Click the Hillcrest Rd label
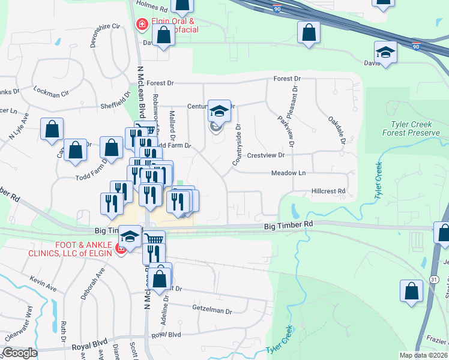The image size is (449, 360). click(x=328, y=191)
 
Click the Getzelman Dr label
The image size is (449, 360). click(x=212, y=311)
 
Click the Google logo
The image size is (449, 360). click(x=20, y=353)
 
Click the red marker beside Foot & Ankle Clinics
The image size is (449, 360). click(x=120, y=249)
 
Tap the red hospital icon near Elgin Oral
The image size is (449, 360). click(x=142, y=25)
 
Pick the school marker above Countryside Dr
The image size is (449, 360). click(x=219, y=111)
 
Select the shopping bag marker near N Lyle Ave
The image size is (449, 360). click(x=52, y=128)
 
